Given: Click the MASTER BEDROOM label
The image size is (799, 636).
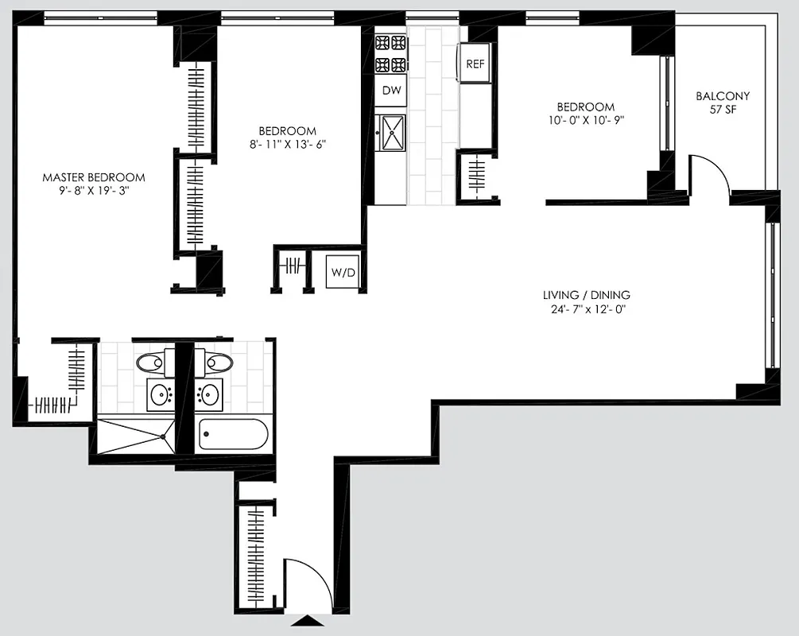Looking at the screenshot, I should click(x=94, y=177).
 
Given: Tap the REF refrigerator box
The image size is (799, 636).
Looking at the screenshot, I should click(x=475, y=64).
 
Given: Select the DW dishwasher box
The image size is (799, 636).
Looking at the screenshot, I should click(x=391, y=91).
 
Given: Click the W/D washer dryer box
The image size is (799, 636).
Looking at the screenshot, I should click(x=343, y=273).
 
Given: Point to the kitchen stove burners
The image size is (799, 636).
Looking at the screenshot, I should click(x=391, y=54).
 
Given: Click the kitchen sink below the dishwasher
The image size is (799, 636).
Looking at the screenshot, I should click(x=391, y=132).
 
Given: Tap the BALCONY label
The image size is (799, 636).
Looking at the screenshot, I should click(x=723, y=96).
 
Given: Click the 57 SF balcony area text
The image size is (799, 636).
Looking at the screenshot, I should click(x=723, y=111).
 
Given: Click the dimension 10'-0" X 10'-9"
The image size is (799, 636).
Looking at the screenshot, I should click(x=585, y=120).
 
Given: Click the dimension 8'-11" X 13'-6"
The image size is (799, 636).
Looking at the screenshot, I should click(x=287, y=144).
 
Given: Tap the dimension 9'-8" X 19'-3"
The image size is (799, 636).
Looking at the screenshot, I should click(x=94, y=191).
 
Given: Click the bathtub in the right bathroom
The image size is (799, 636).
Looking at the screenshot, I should click(x=233, y=434).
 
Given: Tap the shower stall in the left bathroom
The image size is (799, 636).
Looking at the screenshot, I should click(x=134, y=436).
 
